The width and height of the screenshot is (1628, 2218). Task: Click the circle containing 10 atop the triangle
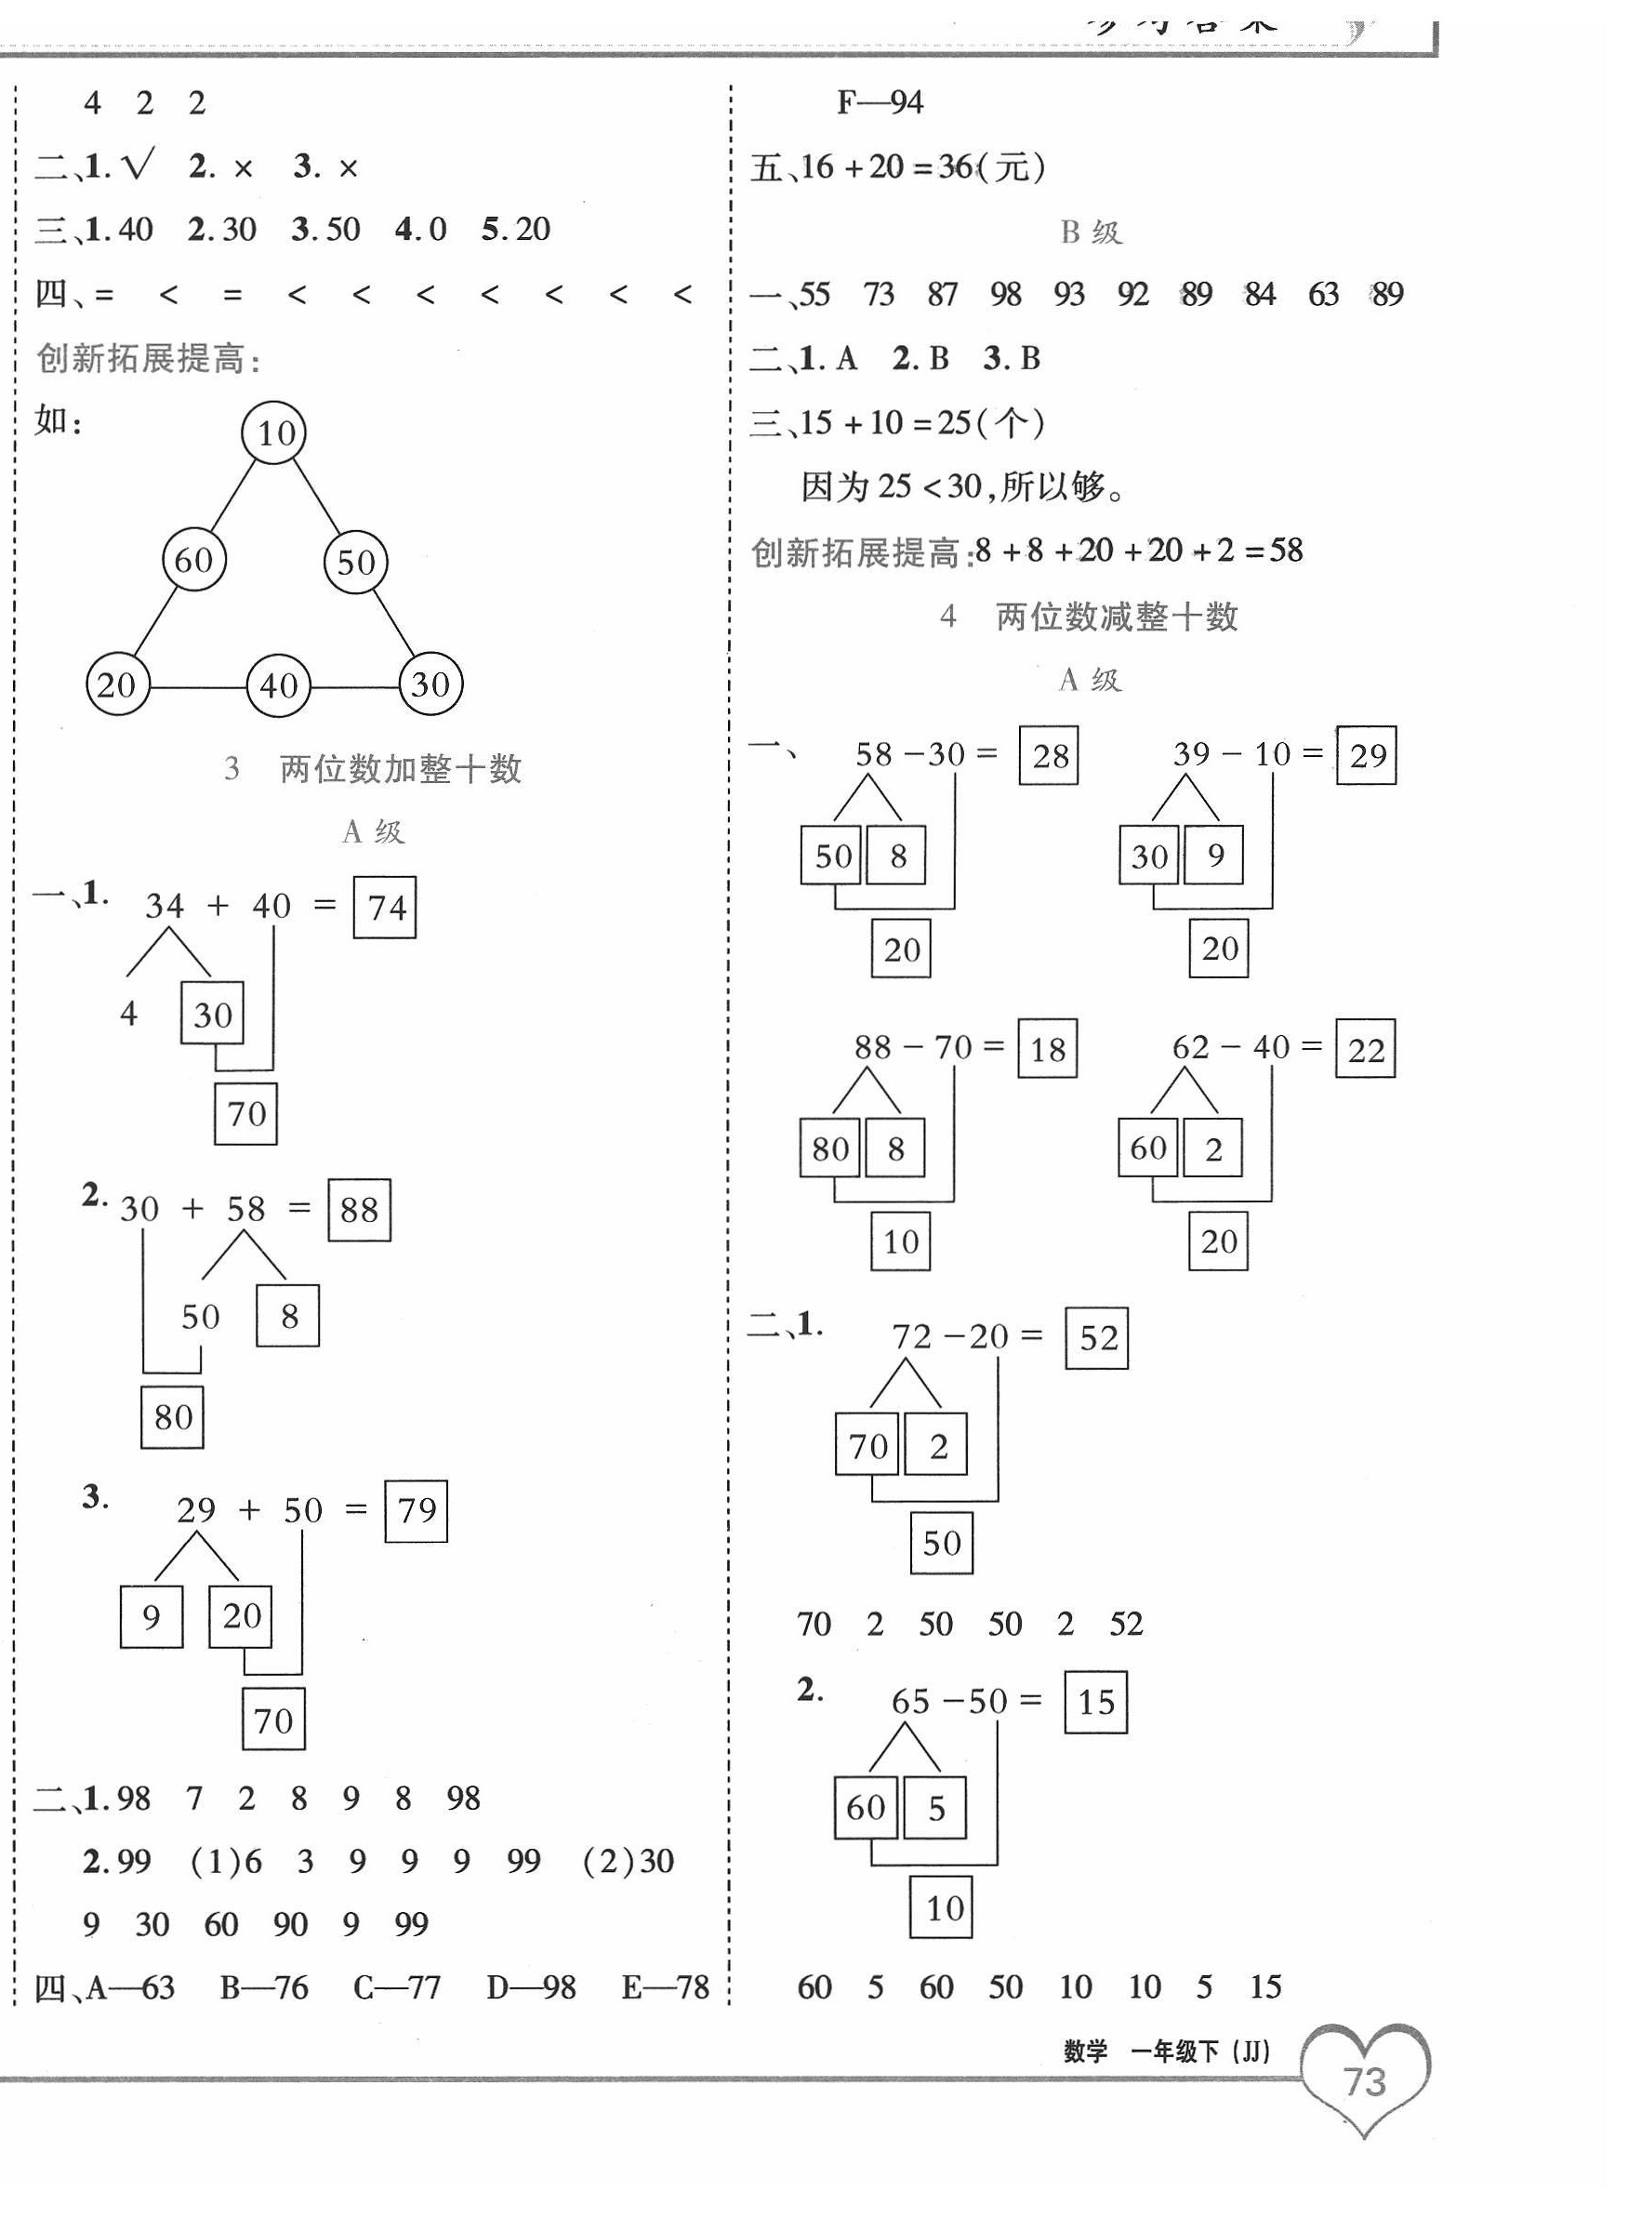pos(274,432)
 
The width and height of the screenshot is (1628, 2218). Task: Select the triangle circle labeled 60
pos(194,559)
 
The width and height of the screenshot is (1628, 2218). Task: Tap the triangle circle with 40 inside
pos(278,685)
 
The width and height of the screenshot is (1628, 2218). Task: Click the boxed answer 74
pos(384,907)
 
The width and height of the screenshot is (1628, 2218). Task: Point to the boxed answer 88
pos(359,1210)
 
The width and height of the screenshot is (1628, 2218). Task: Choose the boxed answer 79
pos(416,1510)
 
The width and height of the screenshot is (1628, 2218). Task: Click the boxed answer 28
pos(1049,756)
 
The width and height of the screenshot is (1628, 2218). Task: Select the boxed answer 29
pos(1367,755)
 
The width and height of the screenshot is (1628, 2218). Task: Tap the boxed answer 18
pos(1047,1049)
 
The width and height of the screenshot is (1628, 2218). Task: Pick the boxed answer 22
pos(1365,1049)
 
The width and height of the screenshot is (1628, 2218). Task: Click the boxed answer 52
pos(1097,1337)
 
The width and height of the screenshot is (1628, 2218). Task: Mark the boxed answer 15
pos(1096,1702)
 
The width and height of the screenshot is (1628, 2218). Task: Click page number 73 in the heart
pos(1365,2082)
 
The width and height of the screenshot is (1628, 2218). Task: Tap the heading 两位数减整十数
pos(1117,618)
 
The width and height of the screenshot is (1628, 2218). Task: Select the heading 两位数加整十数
pos(400,769)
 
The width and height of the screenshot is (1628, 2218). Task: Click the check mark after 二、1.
pos(138,166)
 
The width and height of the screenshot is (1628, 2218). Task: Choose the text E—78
pos(665,1987)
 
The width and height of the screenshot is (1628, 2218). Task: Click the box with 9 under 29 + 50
pos(151,1616)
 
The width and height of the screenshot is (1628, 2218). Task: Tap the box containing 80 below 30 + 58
pos(172,1417)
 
